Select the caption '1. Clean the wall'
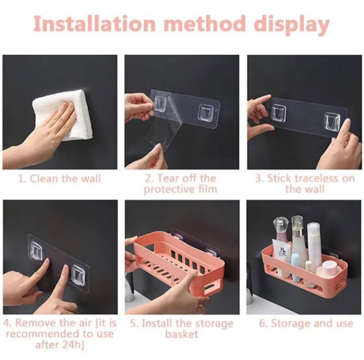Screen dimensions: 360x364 [x=60, y=178]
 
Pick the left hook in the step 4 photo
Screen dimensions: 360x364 [x=36, y=251]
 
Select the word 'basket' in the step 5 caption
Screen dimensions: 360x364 [x=182, y=334]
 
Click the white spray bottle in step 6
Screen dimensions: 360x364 [x=314, y=243]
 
